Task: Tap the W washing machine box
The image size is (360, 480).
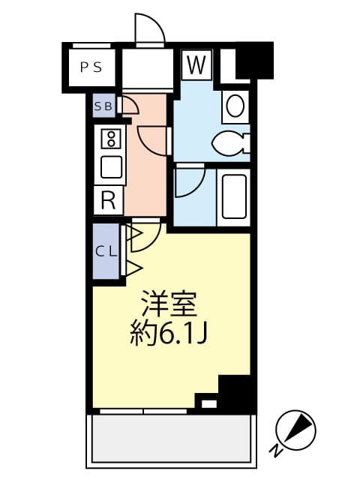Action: [x=196, y=64]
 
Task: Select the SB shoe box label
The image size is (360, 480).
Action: [x=103, y=106]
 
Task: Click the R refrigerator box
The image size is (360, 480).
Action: [x=108, y=200]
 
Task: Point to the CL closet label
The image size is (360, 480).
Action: [x=106, y=251]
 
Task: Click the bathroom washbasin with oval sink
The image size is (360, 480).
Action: [x=235, y=107]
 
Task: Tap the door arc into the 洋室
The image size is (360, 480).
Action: [x=145, y=234]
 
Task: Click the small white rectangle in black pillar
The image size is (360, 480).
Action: [x=208, y=404]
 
